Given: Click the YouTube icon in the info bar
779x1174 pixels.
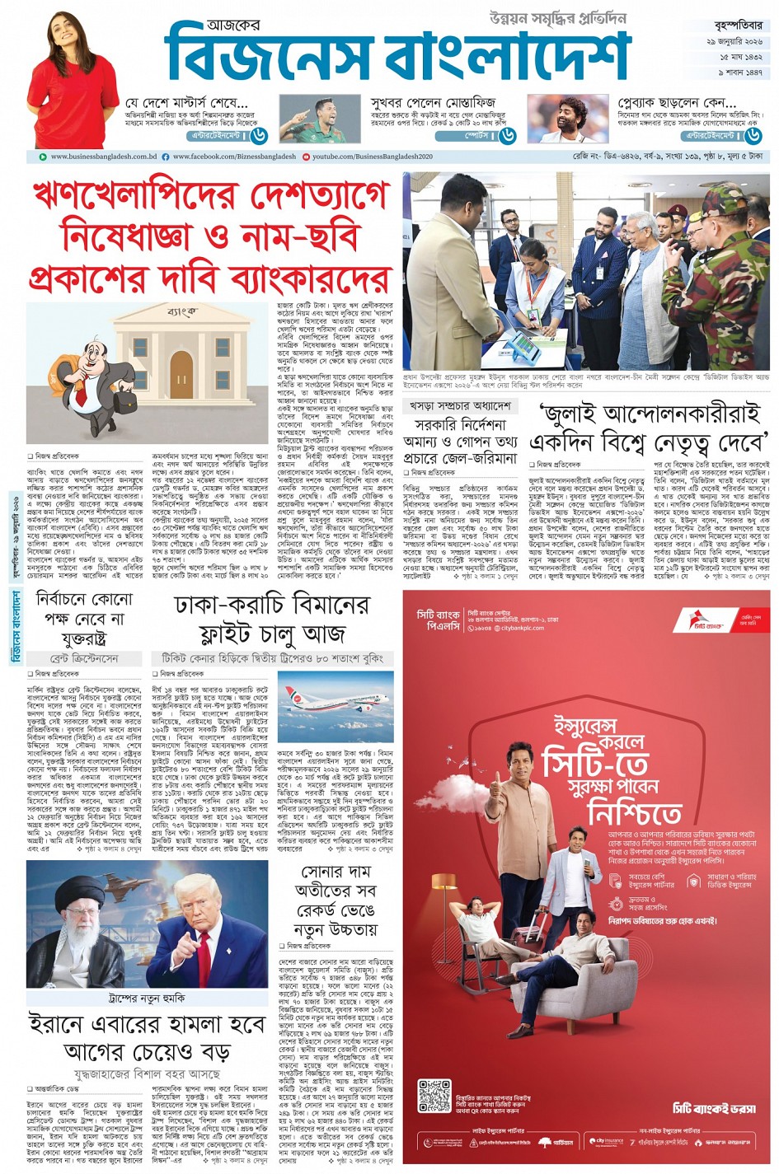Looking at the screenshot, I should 307,157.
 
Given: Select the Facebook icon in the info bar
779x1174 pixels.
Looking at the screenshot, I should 166,157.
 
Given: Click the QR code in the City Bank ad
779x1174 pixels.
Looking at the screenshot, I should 434,1096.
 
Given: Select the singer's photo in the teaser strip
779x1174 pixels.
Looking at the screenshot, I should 556,119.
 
